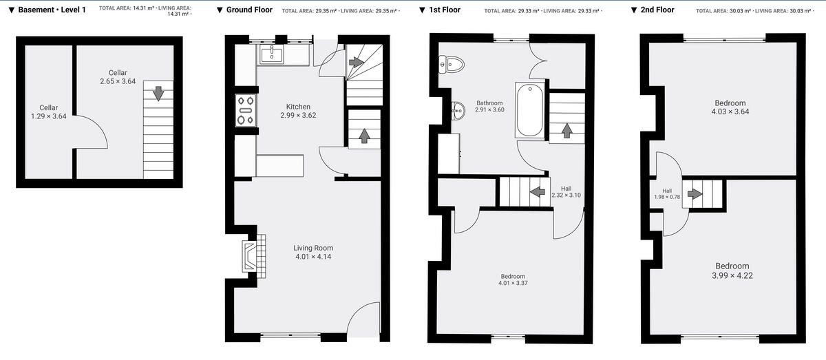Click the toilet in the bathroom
tap(453, 65)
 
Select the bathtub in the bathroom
tap(529, 109)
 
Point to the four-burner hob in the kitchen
tap(246, 111)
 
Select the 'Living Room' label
tap(313, 248)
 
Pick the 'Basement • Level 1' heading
tap(52, 10)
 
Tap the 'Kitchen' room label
tap(298, 107)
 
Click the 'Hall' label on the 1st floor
tap(566, 188)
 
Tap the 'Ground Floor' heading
tap(249, 10)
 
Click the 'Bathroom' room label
tap(489, 103)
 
